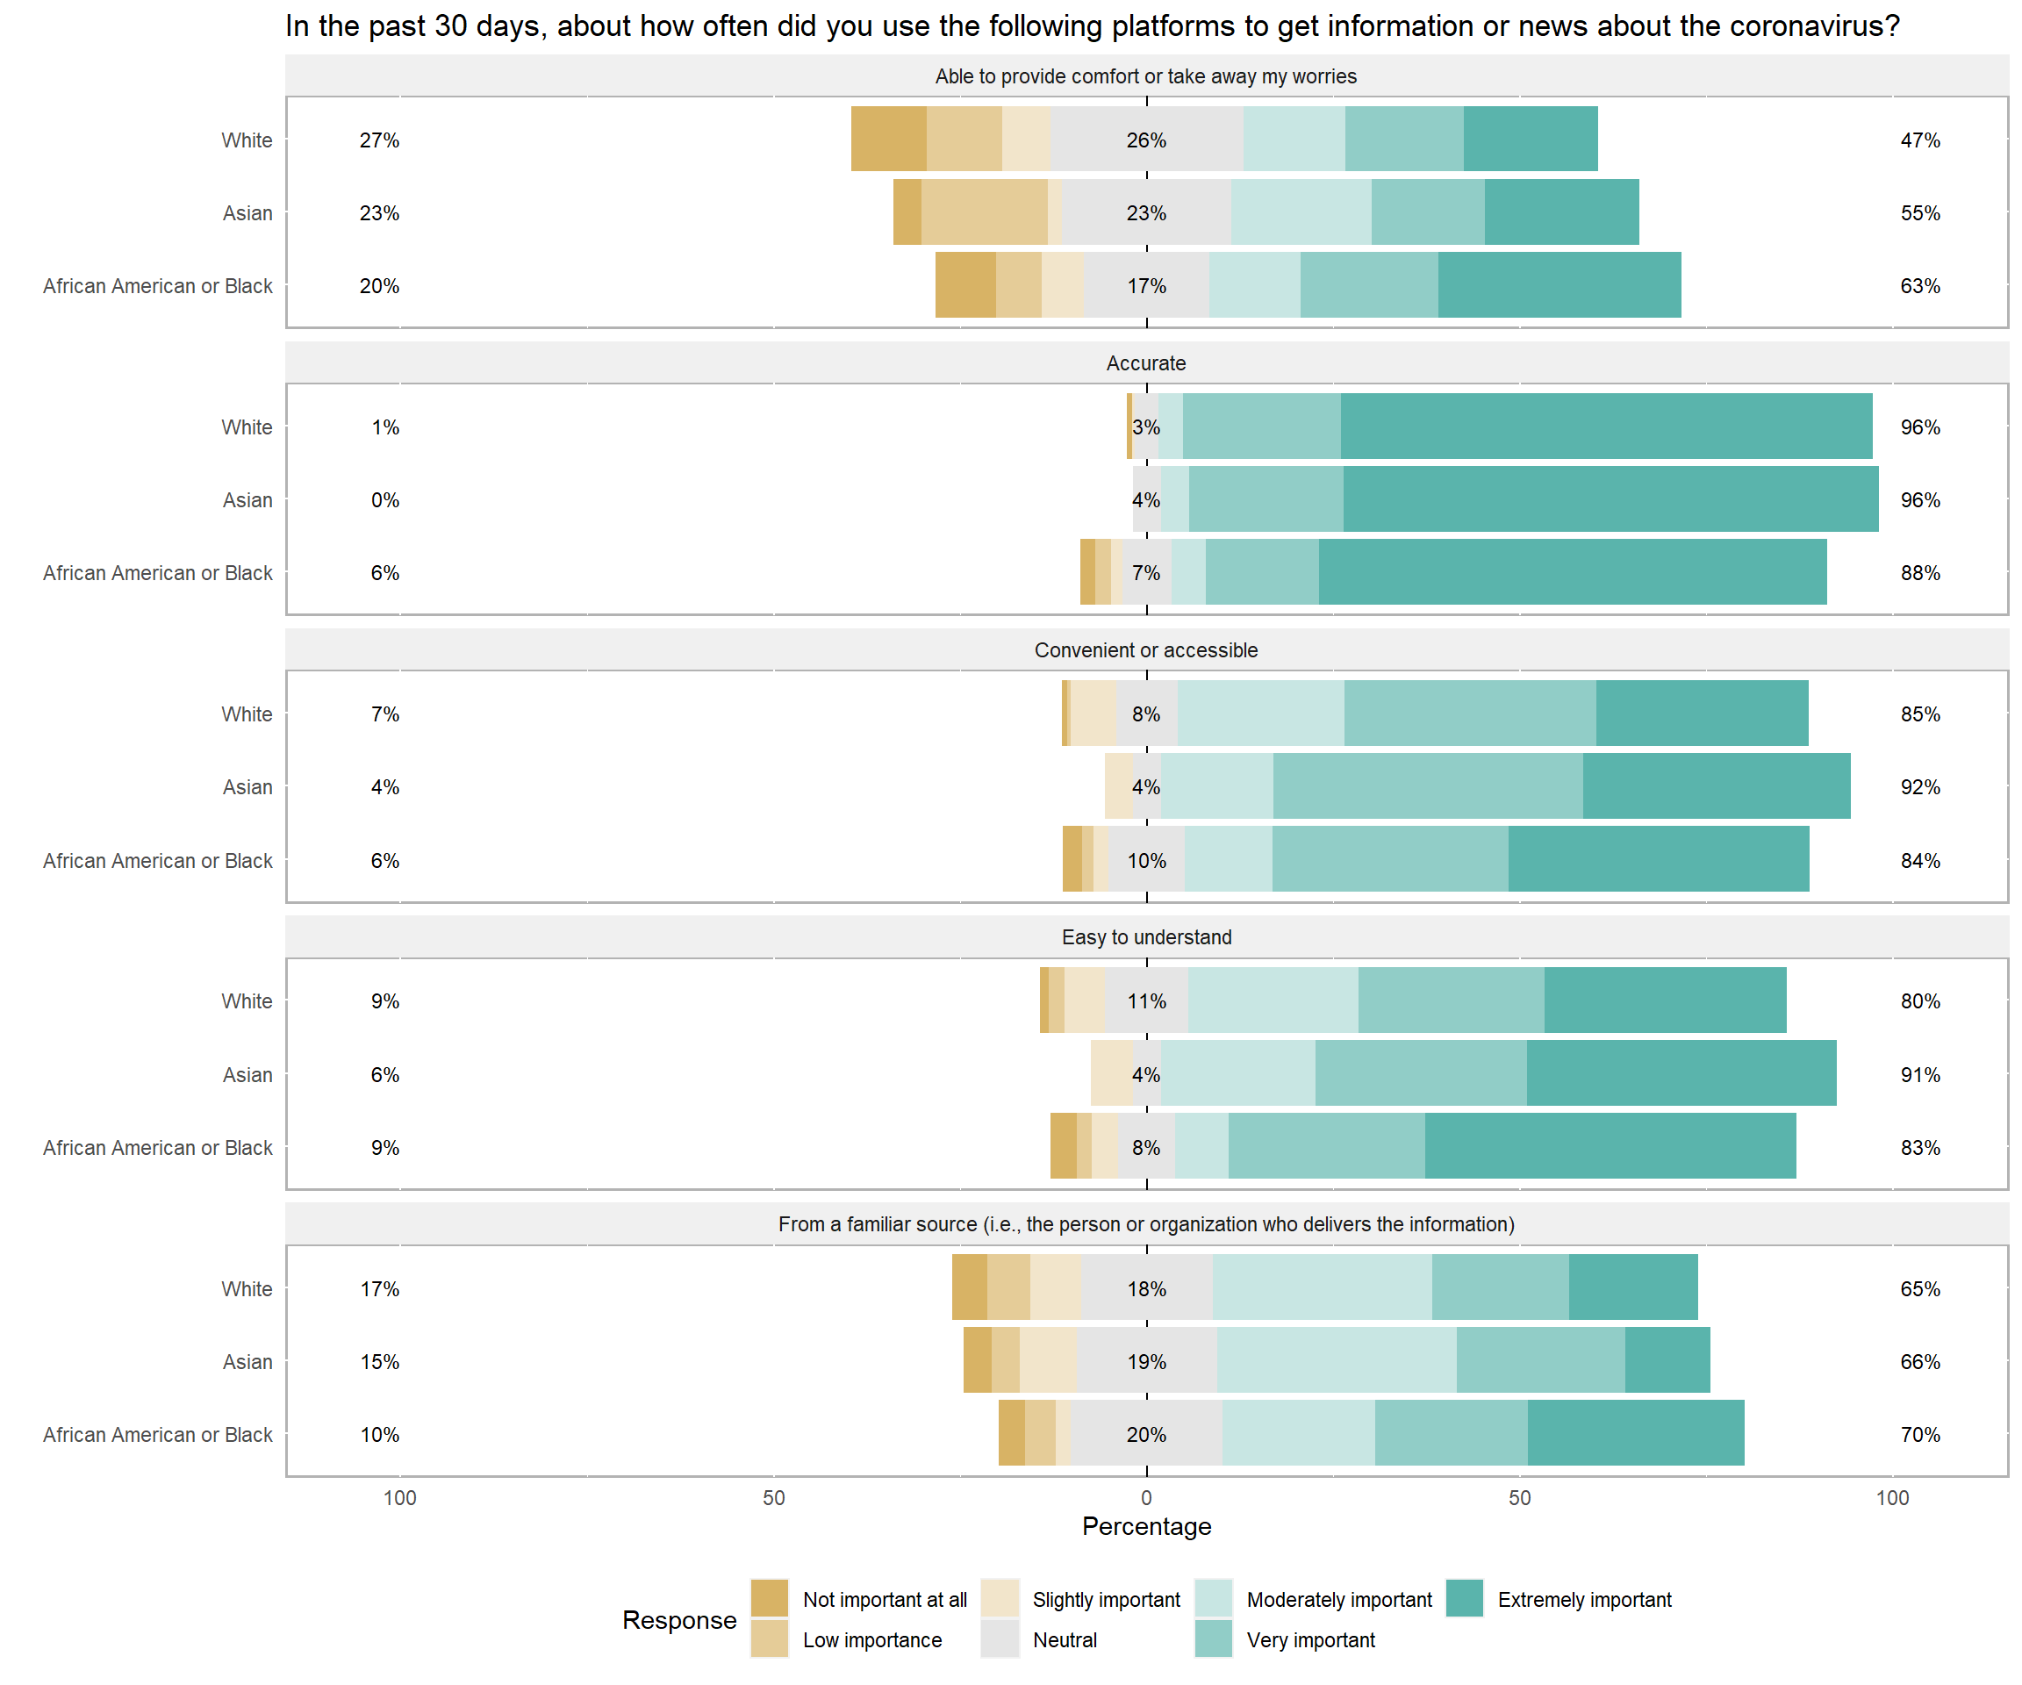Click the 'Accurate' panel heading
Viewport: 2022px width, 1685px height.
click(x=1146, y=363)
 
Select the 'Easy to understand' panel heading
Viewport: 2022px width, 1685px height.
click(x=1146, y=937)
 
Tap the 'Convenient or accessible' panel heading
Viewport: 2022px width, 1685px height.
click(x=1146, y=650)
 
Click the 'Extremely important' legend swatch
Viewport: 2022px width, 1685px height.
click(x=1464, y=1598)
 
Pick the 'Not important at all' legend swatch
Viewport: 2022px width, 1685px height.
click(x=770, y=1598)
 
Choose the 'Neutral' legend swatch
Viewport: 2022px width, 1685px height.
click(x=1000, y=1638)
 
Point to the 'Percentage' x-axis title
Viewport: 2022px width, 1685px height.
click(x=1146, y=1526)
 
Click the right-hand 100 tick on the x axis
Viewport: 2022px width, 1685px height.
click(x=1892, y=1497)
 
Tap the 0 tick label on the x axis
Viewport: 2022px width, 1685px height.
click(x=1146, y=1497)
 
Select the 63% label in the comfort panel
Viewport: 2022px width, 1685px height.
click(x=1920, y=286)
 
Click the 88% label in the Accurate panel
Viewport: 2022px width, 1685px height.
click(x=1920, y=573)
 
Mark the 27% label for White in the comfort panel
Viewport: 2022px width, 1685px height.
click(x=379, y=140)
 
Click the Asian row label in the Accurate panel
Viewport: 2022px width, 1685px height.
click(x=247, y=499)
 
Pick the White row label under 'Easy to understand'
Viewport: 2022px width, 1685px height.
click(x=247, y=1000)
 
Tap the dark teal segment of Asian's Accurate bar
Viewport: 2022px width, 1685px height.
click(x=1610, y=498)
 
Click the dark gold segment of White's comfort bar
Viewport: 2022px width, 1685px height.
click(x=888, y=139)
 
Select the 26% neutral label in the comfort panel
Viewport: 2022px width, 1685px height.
click(x=1146, y=140)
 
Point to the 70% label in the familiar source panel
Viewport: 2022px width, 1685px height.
click(x=1920, y=1435)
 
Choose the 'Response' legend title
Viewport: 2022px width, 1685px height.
click(x=678, y=1619)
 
